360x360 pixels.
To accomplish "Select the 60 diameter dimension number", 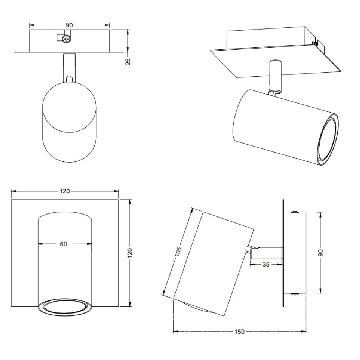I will (x=63, y=244).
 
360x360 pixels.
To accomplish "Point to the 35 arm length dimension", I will (x=266, y=265).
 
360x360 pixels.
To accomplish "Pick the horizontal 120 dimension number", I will (x=65, y=191).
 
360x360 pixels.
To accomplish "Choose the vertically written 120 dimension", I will (x=130, y=252).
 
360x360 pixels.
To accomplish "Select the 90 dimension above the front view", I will (x=69, y=25).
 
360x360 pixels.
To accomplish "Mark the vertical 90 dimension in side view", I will (x=320, y=252).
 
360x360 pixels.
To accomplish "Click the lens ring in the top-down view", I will (x=65, y=307).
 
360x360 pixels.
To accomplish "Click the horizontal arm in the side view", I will (x=266, y=252).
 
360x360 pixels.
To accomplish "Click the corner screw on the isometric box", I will (x=316, y=44).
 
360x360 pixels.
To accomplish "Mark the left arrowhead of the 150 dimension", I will (x=176, y=332).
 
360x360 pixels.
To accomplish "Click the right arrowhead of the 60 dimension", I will (x=90, y=244).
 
